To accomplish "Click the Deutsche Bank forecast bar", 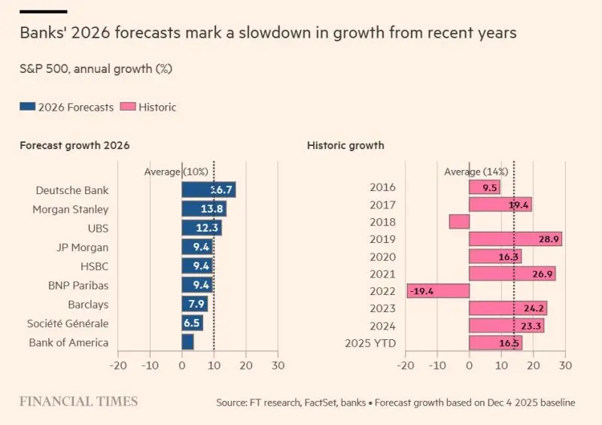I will point(208,190).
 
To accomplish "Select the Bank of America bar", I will point(187,342).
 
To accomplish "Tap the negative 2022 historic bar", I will point(438,291).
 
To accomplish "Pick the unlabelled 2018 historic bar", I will point(459,222).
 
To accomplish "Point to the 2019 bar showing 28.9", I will point(515,239).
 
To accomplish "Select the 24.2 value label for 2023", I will point(533,308).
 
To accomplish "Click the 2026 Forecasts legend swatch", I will point(26,107).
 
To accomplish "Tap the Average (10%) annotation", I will point(176,172).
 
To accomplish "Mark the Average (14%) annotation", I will point(476,172).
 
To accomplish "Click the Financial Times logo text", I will point(79,402).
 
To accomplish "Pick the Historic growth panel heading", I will point(345,145).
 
